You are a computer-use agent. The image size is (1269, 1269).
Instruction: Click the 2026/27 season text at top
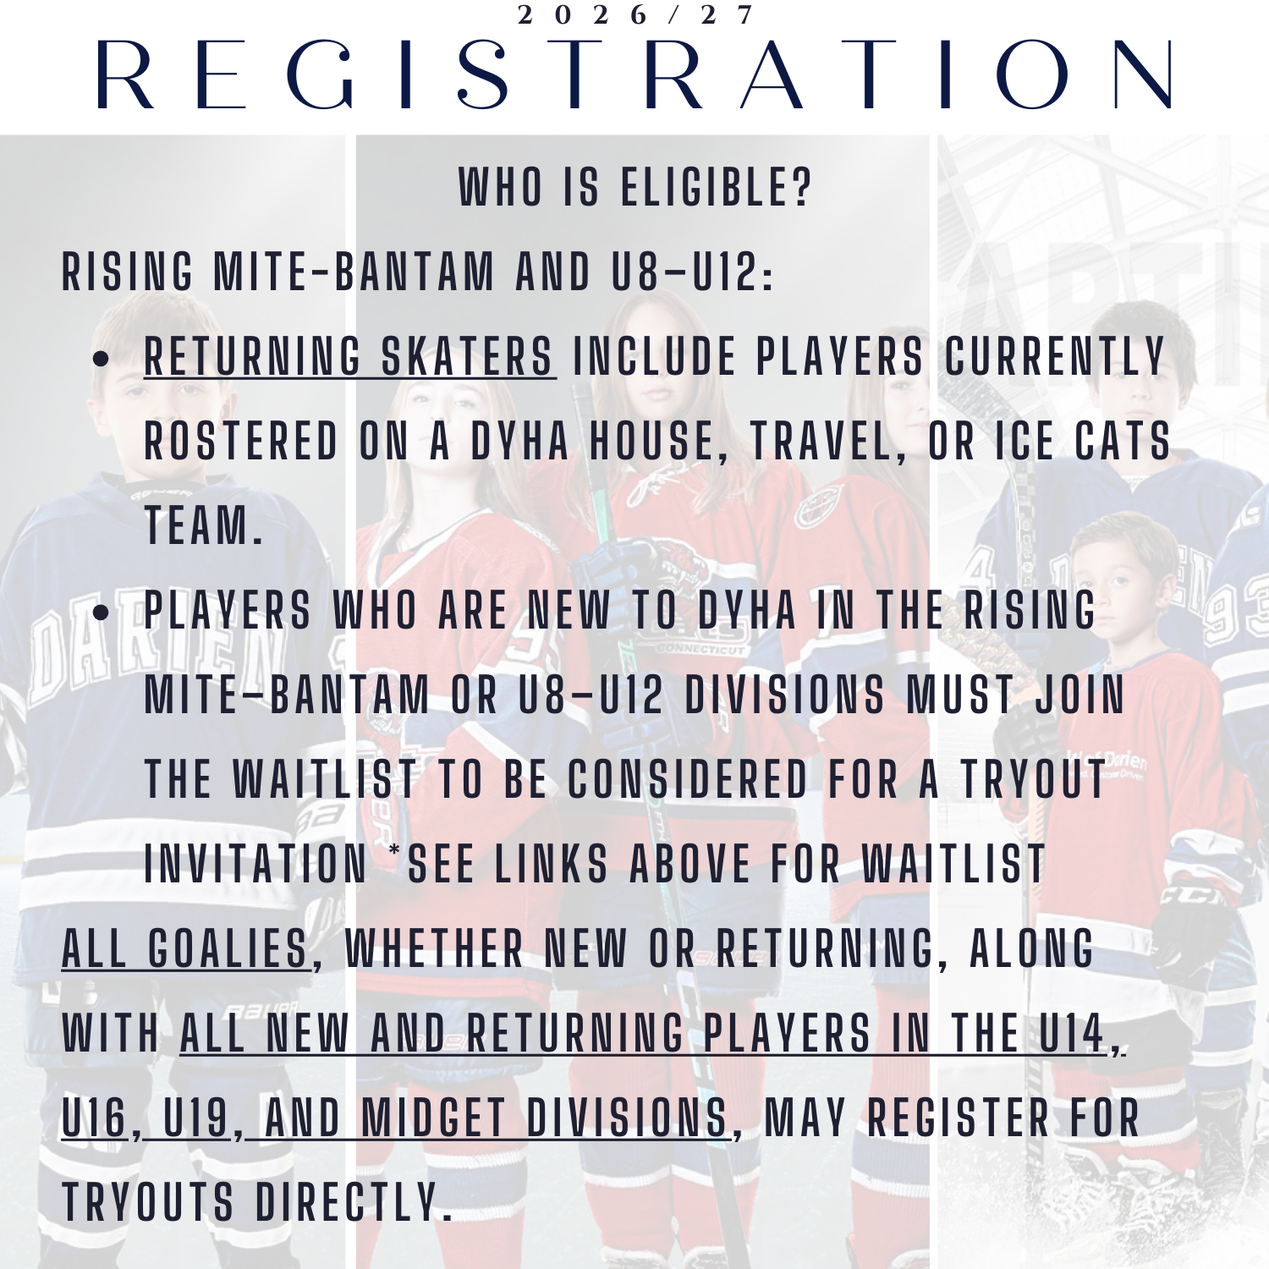(x=634, y=14)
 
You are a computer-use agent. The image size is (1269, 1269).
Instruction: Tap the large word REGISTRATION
(x=634, y=74)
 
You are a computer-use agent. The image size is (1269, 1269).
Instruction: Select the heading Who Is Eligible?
(x=635, y=187)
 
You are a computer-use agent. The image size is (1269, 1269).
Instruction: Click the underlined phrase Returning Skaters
(x=349, y=356)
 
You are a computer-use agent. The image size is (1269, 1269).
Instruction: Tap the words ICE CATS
(x=1083, y=441)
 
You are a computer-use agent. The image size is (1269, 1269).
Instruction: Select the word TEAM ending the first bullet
(x=203, y=525)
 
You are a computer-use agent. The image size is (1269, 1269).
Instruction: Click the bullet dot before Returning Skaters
(x=101, y=359)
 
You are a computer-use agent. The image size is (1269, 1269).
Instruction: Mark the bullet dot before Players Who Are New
(x=101, y=613)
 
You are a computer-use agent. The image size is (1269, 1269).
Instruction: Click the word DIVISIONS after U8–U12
(x=784, y=695)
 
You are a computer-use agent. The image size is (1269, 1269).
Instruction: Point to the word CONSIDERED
(x=688, y=779)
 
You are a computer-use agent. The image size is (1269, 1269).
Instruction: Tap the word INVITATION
(x=256, y=864)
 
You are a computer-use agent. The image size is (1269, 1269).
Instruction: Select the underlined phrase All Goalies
(x=185, y=948)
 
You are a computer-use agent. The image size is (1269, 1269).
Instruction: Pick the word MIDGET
(x=433, y=1118)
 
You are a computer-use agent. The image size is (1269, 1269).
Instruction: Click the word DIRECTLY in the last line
(x=348, y=1202)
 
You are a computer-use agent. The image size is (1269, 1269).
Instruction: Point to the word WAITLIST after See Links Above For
(x=954, y=864)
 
